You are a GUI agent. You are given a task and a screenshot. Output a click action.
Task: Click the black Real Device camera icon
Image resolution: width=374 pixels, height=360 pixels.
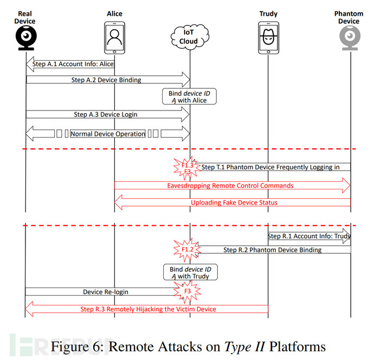[x=26, y=38]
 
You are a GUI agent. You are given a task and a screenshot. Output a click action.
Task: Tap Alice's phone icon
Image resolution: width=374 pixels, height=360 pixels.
[x=114, y=38]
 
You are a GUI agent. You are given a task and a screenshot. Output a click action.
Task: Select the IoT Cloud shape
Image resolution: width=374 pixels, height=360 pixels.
[x=190, y=37]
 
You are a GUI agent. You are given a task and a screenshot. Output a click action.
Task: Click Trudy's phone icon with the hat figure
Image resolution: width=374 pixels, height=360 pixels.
[x=268, y=38]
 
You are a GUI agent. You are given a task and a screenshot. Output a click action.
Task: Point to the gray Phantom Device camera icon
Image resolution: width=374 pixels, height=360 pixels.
[x=350, y=38]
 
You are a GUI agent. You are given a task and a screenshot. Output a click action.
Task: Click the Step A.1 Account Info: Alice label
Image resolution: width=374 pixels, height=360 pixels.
[x=73, y=64]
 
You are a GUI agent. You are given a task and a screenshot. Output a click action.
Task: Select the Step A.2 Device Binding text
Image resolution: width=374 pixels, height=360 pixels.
[x=106, y=80]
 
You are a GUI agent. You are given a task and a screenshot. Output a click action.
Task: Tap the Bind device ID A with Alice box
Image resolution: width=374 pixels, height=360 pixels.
[x=189, y=96]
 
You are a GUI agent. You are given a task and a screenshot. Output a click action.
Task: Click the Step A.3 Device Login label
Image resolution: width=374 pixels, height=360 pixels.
[x=106, y=115]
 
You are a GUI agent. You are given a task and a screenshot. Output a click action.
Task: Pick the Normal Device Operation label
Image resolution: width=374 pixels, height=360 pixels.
[x=108, y=134]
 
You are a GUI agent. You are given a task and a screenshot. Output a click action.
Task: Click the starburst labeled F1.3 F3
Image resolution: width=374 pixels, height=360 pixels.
[x=187, y=168]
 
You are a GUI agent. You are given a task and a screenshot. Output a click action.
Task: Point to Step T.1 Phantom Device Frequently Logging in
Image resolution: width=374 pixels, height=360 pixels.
[x=270, y=167]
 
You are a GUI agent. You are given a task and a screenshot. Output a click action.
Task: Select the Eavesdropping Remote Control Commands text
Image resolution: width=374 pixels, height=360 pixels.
[x=230, y=186]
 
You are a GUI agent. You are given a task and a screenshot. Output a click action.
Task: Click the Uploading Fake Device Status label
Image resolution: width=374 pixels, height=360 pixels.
[x=234, y=202]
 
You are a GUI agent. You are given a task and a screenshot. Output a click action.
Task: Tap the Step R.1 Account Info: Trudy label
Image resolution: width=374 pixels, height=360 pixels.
[x=309, y=236]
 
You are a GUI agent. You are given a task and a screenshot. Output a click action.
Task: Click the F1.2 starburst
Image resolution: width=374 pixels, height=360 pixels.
[x=187, y=250]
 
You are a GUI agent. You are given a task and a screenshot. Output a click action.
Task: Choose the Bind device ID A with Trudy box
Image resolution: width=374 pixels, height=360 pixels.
[x=190, y=272]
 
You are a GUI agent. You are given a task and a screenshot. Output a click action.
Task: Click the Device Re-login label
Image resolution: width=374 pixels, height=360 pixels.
[x=106, y=292]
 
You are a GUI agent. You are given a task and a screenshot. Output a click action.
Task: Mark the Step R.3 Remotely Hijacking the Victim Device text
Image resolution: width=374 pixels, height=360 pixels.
[x=148, y=309]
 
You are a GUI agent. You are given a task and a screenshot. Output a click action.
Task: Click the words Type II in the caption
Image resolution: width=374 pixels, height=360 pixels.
[x=244, y=346]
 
